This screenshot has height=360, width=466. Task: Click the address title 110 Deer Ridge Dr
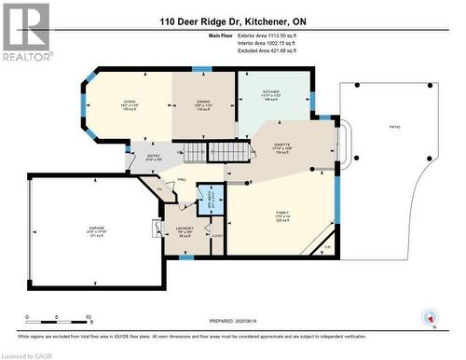(232, 21)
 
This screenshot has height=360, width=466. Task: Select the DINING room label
(203, 102)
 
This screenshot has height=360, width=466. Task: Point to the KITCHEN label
(271, 90)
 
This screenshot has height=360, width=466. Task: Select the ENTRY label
(154, 157)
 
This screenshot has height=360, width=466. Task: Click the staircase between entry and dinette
(200, 153)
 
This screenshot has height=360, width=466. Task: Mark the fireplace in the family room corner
(322, 246)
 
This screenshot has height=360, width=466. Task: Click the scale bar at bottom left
(58, 318)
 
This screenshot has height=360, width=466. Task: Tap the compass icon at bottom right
(430, 317)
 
